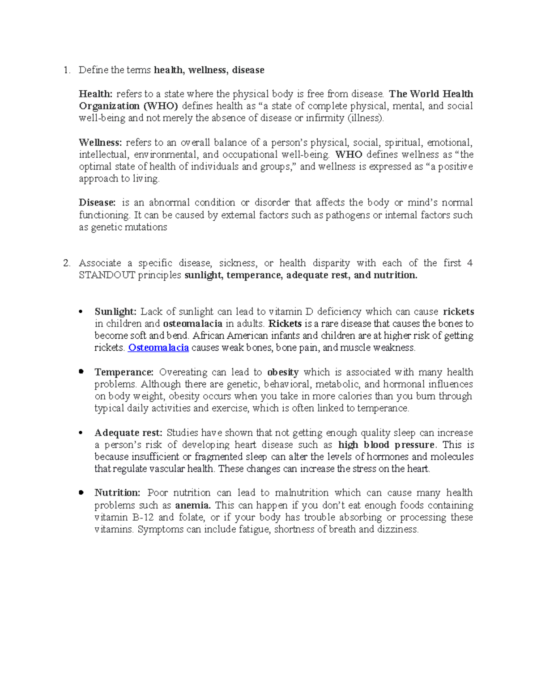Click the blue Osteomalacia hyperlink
click(158, 348)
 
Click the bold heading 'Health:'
click(95, 94)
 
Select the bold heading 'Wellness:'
click(100, 143)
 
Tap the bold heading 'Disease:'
click(97, 202)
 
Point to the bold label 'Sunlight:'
click(115, 311)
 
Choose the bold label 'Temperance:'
click(124, 372)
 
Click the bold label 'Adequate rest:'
click(128, 433)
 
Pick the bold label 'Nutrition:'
click(117, 493)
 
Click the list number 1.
click(67, 70)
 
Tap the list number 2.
click(67, 263)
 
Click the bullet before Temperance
click(81, 372)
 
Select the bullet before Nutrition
click(81, 493)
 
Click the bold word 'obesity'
click(283, 372)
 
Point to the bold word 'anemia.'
click(192, 505)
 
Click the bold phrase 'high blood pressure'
click(386, 445)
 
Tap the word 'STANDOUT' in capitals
click(107, 275)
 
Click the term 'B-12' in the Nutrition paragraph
click(143, 517)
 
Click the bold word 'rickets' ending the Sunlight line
click(458, 311)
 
